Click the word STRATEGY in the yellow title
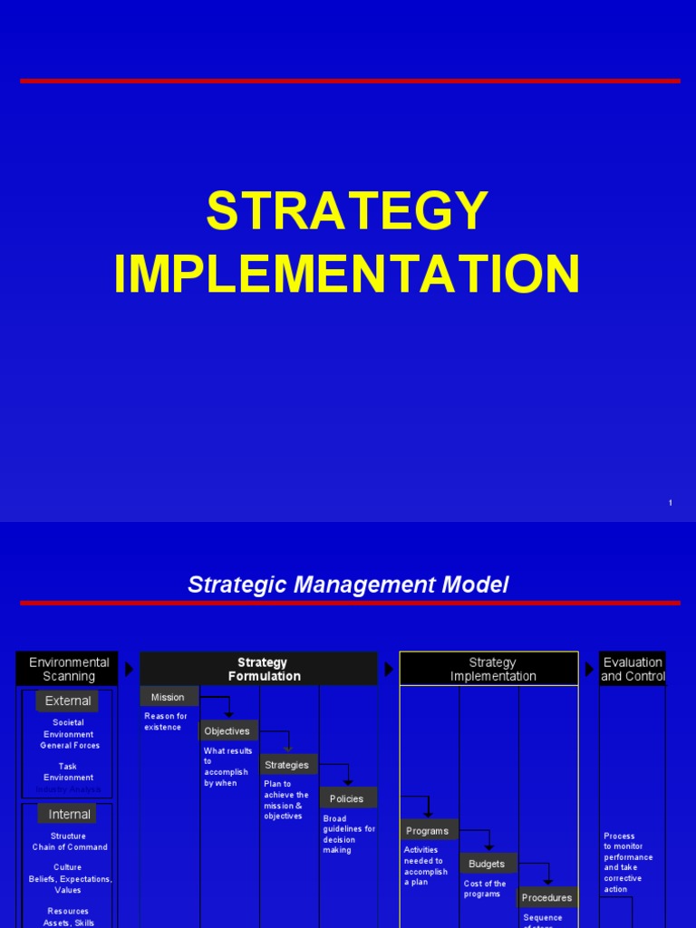(347, 212)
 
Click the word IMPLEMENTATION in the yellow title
(347, 274)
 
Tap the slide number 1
(670, 503)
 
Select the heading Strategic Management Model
(348, 585)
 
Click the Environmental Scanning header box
(68, 669)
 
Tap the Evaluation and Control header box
(633, 669)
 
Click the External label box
(68, 701)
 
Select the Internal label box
(69, 814)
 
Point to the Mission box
(169, 697)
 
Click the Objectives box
(227, 731)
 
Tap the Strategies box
(287, 765)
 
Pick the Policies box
(347, 798)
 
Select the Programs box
(428, 831)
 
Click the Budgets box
(488, 864)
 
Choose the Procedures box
(547, 897)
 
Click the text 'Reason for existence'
(166, 721)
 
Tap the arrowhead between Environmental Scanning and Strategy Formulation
(129, 669)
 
